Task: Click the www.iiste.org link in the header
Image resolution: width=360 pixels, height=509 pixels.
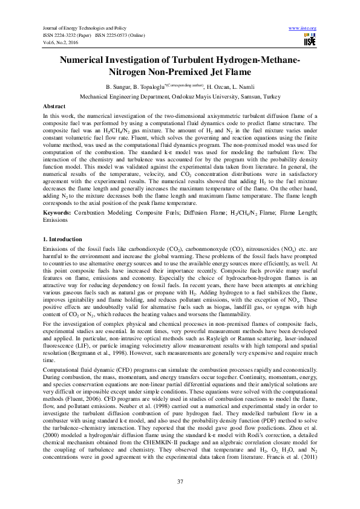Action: point(303,28)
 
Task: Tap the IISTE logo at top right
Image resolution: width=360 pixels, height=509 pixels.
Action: point(309,39)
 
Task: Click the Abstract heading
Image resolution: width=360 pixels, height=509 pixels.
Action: point(56,105)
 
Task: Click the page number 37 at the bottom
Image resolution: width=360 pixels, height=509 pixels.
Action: point(180,481)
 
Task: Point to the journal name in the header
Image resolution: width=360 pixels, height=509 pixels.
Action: point(82,28)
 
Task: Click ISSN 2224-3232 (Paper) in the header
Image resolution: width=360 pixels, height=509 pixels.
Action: point(68,36)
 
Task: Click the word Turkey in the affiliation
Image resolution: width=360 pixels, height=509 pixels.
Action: point(268,96)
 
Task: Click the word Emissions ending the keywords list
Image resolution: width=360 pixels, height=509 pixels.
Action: point(59,204)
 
